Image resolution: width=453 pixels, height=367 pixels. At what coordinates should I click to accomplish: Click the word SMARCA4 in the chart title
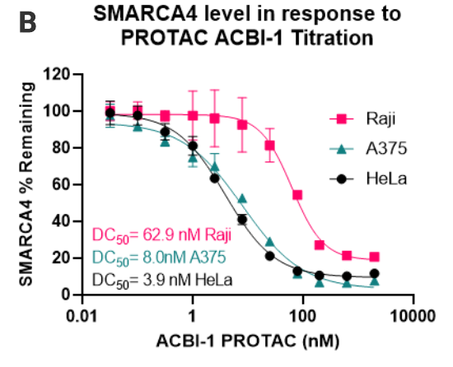click(166, 14)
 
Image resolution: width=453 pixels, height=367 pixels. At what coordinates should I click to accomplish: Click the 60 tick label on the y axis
click(59, 184)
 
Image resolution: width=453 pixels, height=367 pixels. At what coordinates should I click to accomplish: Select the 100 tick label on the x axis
click(303, 316)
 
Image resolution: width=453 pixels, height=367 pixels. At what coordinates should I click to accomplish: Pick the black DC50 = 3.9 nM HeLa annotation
click(162, 279)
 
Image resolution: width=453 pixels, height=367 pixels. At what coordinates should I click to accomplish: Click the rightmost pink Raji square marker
click(375, 258)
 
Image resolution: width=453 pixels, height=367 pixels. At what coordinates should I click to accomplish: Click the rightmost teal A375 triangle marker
click(375, 282)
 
